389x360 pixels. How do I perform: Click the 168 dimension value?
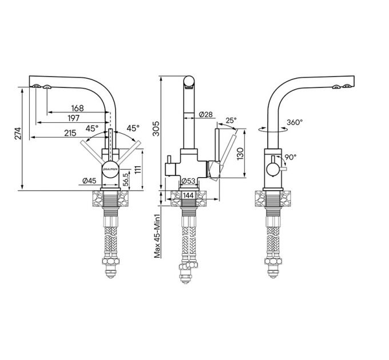pyautogui.click(x=77, y=108)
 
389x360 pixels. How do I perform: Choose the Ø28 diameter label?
pyautogui.click(x=207, y=115)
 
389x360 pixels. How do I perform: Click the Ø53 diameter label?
pyautogui.click(x=189, y=182)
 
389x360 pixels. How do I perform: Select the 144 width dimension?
pyautogui.click(x=188, y=195)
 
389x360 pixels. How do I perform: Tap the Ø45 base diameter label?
pyautogui.click(x=88, y=181)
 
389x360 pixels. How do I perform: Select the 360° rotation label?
pyautogui.click(x=294, y=122)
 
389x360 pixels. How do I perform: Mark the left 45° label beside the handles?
pyautogui.click(x=92, y=128)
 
